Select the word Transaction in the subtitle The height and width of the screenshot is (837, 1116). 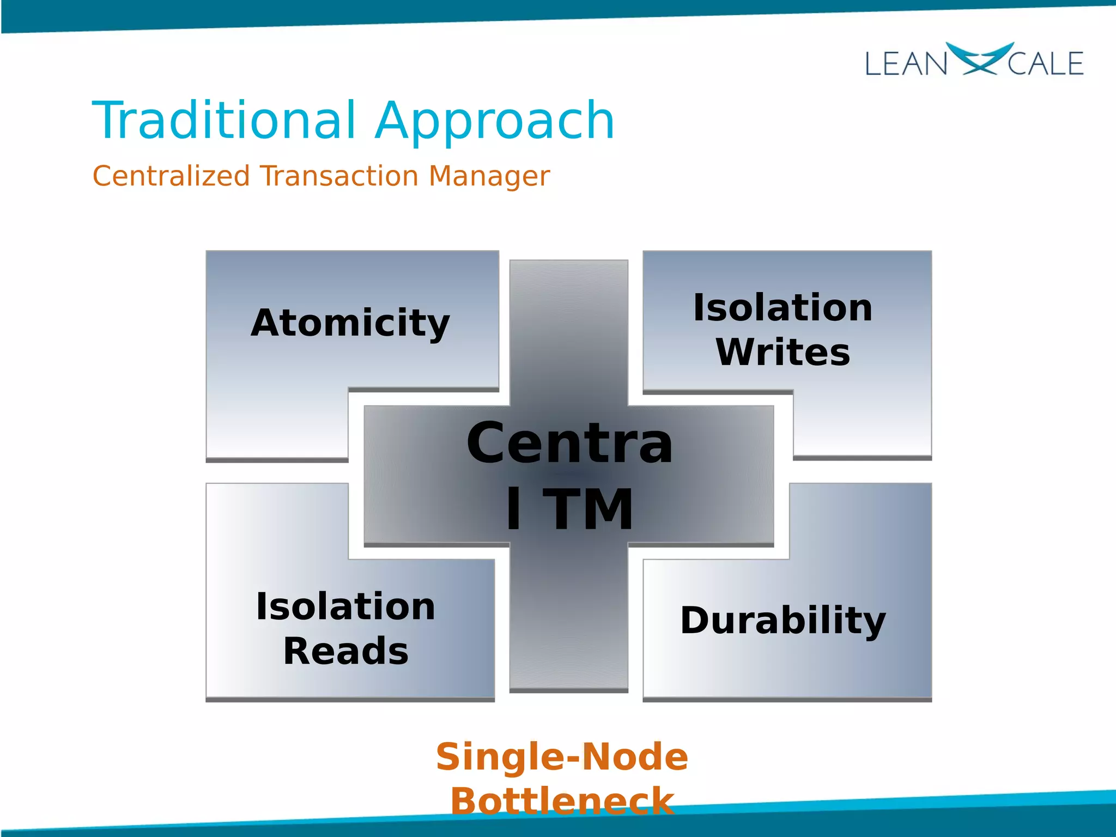click(x=339, y=176)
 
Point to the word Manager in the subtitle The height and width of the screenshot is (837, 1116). click(x=489, y=177)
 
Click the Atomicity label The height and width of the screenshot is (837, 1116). click(x=350, y=323)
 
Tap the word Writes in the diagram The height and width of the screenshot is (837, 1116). click(x=783, y=352)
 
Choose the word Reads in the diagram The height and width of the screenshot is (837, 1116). click(x=345, y=651)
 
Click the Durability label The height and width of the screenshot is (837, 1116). click(x=783, y=621)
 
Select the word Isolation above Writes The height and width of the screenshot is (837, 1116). click(x=783, y=308)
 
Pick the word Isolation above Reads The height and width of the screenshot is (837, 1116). click(x=345, y=606)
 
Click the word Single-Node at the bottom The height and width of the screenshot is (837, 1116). click(x=562, y=757)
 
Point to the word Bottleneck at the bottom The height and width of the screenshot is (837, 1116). click(x=562, y=801)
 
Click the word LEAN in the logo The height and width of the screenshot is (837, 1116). click(x=906, y=64)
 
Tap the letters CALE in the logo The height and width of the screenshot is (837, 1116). click(x=1045, y=64)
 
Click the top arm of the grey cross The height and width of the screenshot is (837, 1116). click(x=568, y=327)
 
